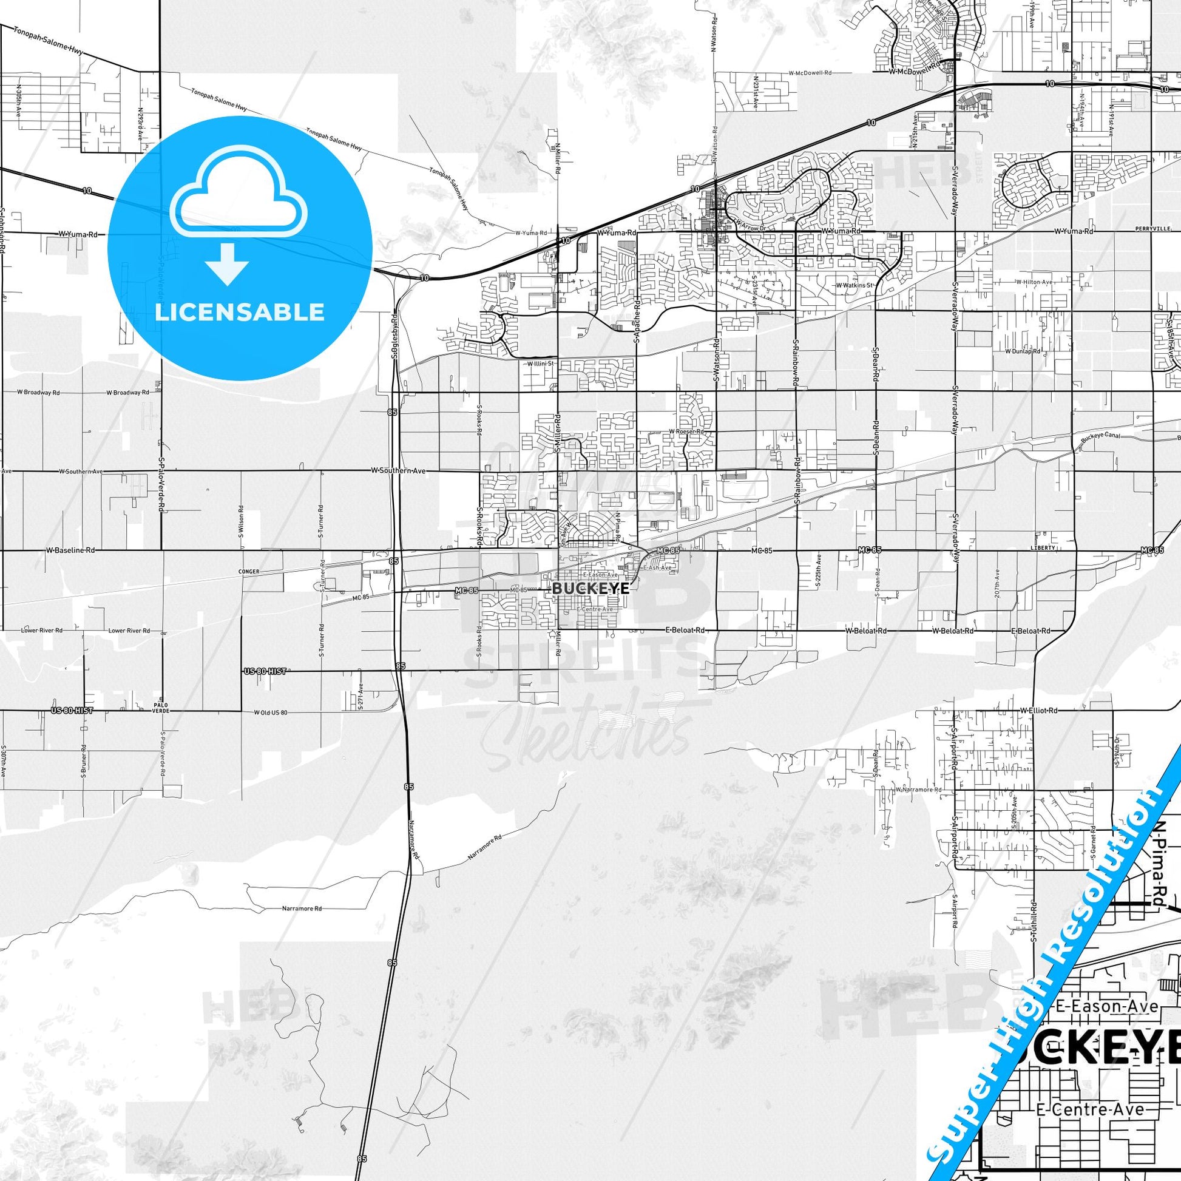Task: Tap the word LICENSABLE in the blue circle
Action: click(240, 313)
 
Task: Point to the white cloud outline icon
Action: click(240, 194)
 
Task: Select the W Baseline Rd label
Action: click(70, 551)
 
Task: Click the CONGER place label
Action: click(249, 572)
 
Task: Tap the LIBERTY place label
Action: click(1042, 547)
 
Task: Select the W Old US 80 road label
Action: click(271, 712)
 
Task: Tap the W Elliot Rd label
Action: click(1038, 711)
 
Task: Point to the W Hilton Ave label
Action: click(1034, 282)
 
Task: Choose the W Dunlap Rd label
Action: click(1023, 351)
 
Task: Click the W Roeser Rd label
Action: click(686, 431)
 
